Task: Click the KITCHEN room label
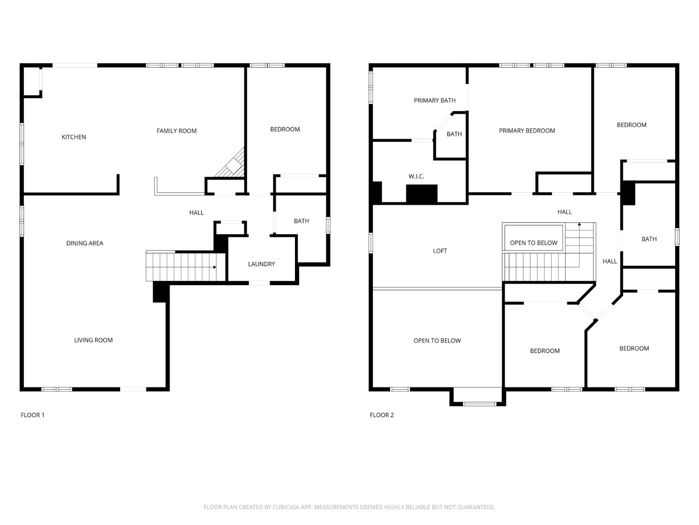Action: click(74, 137)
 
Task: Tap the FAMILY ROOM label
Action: click(177, 131)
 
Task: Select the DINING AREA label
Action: click(85, 243)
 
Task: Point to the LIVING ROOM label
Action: click(93, 340)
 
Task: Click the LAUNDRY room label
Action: click(261, 264)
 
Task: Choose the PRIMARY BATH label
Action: click(435, 100)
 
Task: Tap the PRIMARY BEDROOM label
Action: click(527, 131)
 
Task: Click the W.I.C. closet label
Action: click(416, 176)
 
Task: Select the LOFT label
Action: click(440, 251)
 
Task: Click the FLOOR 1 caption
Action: click(33, 415)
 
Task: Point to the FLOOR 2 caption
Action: click(382, 415)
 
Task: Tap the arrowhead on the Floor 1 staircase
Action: click(215, 267)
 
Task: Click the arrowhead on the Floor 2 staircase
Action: click(579, 224)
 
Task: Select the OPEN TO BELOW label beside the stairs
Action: click(534, 243)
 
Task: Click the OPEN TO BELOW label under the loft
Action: click(437, 341)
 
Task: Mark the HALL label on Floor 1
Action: click(196, 213)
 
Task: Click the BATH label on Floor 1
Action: click(301, 221)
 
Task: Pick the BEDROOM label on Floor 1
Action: click(285, 129)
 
